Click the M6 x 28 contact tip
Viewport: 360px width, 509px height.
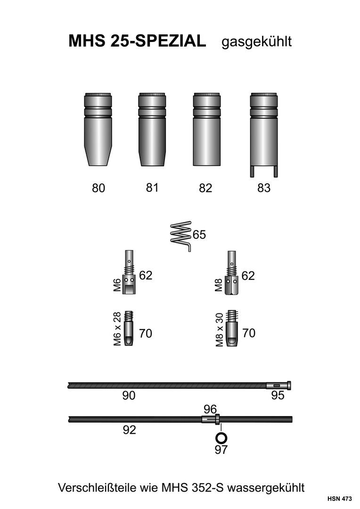(x=129, y=329)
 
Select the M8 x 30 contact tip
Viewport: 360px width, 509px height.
(x=231, y=329)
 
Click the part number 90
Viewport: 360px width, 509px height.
(x=129, y=396)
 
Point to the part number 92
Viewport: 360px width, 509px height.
(x=129, y=430)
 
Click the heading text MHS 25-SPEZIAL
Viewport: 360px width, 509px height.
(x=137, y=41)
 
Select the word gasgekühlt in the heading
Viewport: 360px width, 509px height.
(x=257, y=41)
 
